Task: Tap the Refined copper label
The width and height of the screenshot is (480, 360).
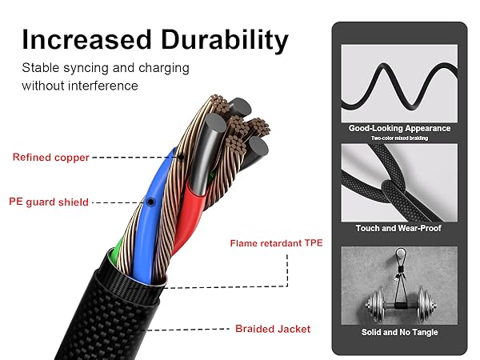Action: [x=50, y=158]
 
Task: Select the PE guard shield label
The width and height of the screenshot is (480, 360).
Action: [x=50, y=202]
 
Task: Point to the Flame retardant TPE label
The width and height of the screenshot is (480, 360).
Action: [x=276, y=242]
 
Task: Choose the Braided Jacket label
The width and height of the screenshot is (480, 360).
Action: [x=273, y=329]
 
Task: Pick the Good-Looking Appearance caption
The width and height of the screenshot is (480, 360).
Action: [x=399, y=128]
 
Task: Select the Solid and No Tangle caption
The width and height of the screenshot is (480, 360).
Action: [x=399, y=331]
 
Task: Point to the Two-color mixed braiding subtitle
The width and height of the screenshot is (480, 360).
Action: [x=399, y=138]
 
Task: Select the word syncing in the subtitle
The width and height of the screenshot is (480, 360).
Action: [x=84, y=68]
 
